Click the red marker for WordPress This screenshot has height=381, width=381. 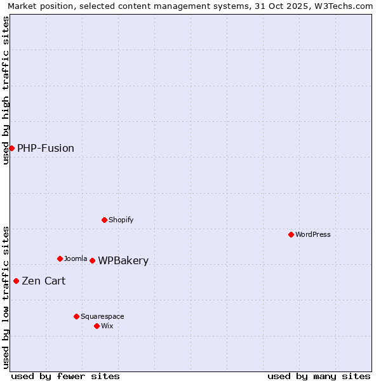(291, 234)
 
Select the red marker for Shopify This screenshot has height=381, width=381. (104, 220)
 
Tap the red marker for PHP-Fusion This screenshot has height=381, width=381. (11, 148)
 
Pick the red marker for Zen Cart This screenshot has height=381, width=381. (16, 281)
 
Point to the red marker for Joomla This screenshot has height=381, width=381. (60, 258)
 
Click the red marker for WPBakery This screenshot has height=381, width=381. (92, 260)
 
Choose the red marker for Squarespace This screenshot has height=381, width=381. (76, 316)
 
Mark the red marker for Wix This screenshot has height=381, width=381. (97, 326)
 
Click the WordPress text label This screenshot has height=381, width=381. (313, 234)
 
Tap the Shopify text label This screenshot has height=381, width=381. (121, 220)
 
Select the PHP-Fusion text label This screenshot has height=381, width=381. (46, 149)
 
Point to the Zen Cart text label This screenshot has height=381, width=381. (44, 281)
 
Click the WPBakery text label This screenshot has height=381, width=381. (123, 261)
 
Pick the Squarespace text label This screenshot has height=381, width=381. (102, 316)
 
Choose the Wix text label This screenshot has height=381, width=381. (107, 326)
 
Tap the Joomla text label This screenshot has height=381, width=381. (76, 258)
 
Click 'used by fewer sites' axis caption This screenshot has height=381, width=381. (65, 376)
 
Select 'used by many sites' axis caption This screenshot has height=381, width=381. (319, 376)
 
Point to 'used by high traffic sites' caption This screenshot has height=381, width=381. (6, 90)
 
